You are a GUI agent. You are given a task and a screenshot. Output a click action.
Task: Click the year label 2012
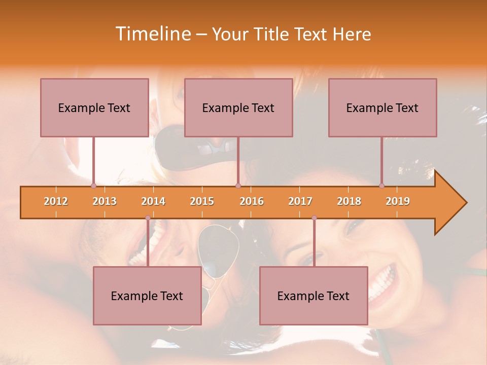point(56,201)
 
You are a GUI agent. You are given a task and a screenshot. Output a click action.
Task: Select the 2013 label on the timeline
point(105,201)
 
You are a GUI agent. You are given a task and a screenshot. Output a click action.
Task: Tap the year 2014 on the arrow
point(153,201)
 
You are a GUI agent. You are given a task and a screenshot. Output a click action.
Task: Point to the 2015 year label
point(202,201)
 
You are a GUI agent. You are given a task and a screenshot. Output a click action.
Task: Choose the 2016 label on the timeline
point(252,201)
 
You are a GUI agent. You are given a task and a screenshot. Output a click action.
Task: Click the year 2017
point(300,201)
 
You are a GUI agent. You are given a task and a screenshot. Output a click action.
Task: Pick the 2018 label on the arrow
point(349,201)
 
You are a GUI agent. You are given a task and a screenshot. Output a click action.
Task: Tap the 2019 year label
point(398,201)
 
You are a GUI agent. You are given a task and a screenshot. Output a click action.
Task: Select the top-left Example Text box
point(94,107)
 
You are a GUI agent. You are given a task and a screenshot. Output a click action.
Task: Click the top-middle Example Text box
point(238,107)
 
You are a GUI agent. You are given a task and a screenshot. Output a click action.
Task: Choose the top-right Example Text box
point(382,107)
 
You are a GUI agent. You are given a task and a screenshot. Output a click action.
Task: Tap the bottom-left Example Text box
point(147,296)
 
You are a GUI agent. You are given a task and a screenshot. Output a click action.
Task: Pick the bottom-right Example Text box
point(314,296)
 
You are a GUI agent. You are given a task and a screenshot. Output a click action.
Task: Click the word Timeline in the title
point(152,34)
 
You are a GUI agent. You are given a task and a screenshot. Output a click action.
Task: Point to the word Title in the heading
point(273,34)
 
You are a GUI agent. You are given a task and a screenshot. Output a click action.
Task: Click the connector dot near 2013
point(93,186)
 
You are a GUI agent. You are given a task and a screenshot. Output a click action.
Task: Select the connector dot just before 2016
point(238,186)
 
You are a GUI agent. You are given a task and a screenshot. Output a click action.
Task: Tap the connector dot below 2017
point(314,218)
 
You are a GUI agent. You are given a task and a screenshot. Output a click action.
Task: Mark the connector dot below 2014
point(148,218)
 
